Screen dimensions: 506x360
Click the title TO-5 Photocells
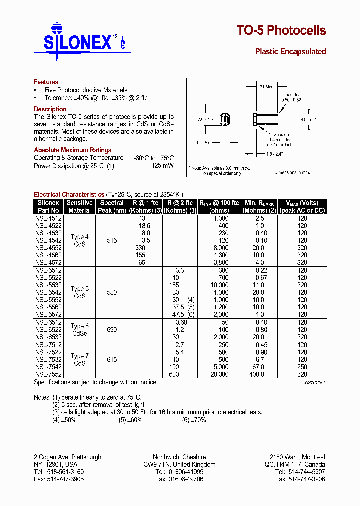click(281, 31)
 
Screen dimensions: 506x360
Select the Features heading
click(46, 82)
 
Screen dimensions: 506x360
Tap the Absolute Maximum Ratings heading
click(72, 150)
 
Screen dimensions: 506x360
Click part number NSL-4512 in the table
click(48, 218)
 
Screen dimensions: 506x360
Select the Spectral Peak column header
click(112, 206)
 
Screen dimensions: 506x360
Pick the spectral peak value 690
click(112, 330)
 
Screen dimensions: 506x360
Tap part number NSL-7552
click(48, 374)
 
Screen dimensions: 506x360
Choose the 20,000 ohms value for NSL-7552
click(219, 374)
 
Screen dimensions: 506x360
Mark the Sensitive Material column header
click(80, 206)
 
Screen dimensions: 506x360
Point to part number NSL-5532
click(48, 285)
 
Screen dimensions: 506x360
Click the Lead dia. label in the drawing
click(291, 94)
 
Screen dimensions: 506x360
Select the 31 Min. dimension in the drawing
click(266, 87)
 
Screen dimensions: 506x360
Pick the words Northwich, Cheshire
click(179, 457)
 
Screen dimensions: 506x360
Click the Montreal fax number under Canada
click(300, 479)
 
